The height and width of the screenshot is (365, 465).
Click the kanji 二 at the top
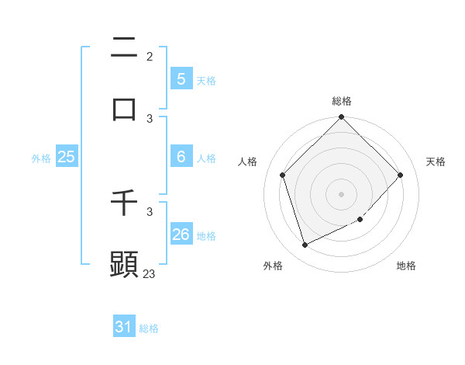pyautogui.click(x=124, y=49)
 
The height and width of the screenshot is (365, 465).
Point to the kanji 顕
pyautogui.click(x=124, y=263)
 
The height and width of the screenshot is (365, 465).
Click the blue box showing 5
pyautogui.click(x=181, y=78)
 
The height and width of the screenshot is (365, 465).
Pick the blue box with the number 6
pyautogui.click(x=181, y=157)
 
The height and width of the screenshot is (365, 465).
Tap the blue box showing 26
pyautogui.click(x=181, y=235)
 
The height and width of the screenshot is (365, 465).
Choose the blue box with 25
pyautogui.click(x=66, y=157)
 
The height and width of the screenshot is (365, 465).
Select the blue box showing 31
pyautogui.click(x=123, y=327)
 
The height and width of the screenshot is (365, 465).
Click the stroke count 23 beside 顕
pyautogui.click(x=150, y=273)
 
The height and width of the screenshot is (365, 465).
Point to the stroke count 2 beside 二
pyautogui.click(x=150, y=57)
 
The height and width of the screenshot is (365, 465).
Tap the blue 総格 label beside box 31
pyautogui.click(x=149, y=328)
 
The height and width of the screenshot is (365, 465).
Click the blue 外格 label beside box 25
pyautogui.click(x=41, y=158)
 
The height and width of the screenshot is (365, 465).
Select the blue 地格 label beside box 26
pyautogui.click(x=206, y=236)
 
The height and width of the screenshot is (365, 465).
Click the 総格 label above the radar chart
pyautogui.click(x=342, y=101)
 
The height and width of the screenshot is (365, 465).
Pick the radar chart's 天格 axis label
pyautogui.click(x=436, y=162)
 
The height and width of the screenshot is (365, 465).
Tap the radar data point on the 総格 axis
pyautogui.click(x=342, y=118)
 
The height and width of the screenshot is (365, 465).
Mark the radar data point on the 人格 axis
pyautogui.click(x=283, y=175)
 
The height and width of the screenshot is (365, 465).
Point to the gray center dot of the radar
pyautogui.click(x=342, y=193)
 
